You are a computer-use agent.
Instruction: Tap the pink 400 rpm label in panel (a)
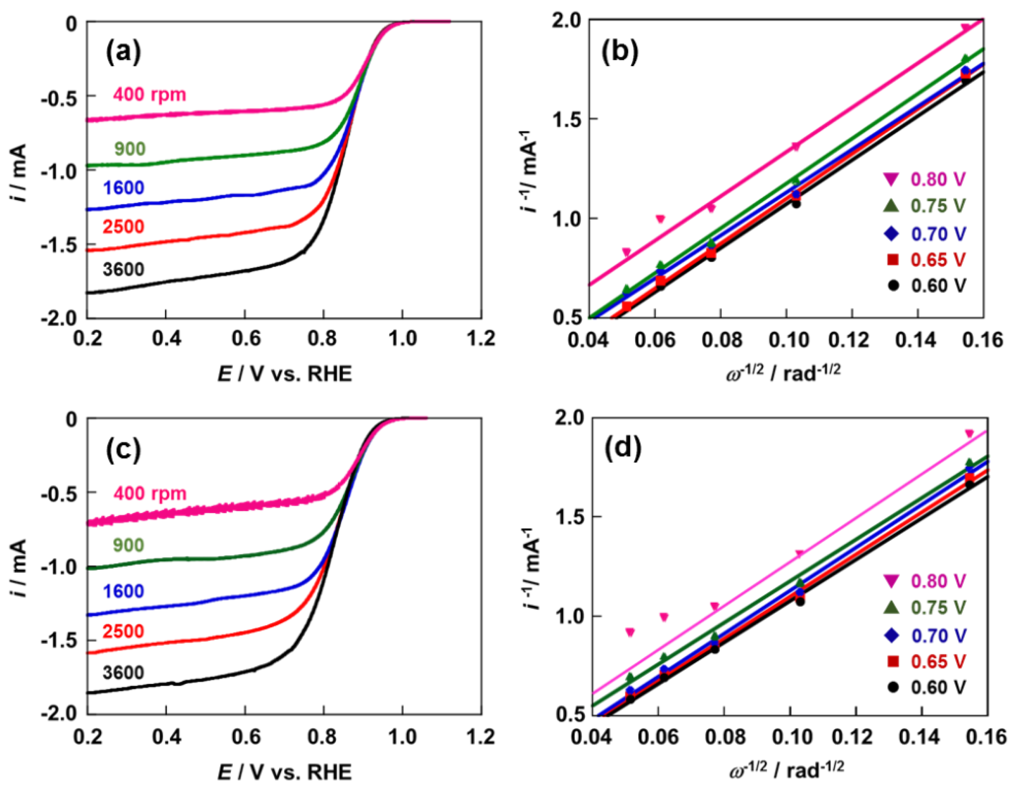pos(150,95)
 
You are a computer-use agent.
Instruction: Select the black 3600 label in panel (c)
pos(123,672)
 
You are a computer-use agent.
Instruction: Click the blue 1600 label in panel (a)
pos(124,188)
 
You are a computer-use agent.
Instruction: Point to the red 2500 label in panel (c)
pos(123,632)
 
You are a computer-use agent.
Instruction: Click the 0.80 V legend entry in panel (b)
pos(938,179)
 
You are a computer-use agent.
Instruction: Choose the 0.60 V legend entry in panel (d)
pos(938,687)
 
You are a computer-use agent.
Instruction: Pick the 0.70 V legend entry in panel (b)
pos(938,234)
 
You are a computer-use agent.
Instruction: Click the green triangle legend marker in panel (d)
pos(892,607)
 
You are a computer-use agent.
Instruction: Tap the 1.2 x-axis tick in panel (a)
pos(481,339)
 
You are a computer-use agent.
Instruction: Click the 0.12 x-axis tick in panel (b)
pos(851,340)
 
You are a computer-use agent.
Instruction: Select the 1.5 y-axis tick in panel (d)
pos(569,517)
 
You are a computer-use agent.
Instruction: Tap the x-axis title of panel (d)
pos(786,770)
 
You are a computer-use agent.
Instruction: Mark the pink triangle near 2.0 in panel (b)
pos(975,27)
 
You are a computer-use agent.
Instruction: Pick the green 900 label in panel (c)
pos(129,545)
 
